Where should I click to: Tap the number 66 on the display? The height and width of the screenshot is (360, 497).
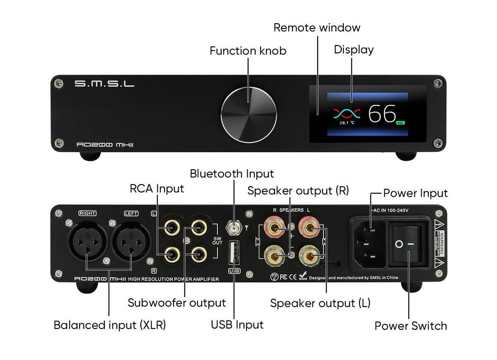coord(382,114)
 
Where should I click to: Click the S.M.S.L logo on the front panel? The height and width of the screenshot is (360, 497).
coord(104,84)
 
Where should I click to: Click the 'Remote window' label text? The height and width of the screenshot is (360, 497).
coord(317,28)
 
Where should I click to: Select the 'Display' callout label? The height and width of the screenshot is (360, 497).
coord(354,50)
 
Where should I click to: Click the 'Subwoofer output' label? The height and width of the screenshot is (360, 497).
coord(177,303)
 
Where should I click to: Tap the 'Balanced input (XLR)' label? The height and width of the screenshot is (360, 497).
coord(110,325)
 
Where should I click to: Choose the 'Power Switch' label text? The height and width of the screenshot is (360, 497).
coord(410,326)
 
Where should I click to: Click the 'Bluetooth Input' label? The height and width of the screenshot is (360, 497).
coord(232,173)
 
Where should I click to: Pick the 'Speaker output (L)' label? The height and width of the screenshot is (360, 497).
coord(320,303)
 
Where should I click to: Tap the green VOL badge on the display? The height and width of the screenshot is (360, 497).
coord(400,123)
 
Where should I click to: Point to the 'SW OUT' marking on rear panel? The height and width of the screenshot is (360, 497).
coord(217,241)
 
